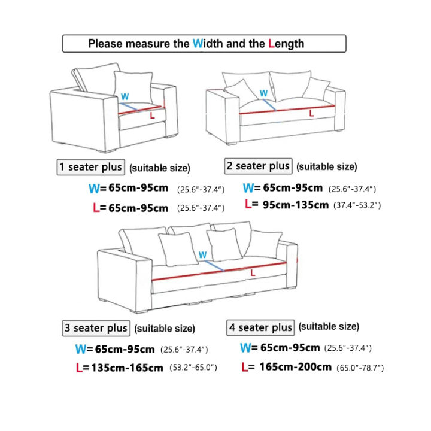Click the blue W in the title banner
198,44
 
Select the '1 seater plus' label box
91,167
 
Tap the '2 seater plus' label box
258,166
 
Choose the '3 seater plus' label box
96,328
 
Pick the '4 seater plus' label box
261,327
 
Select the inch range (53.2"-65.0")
190,367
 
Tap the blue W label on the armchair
125,96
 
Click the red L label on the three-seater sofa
253,273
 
